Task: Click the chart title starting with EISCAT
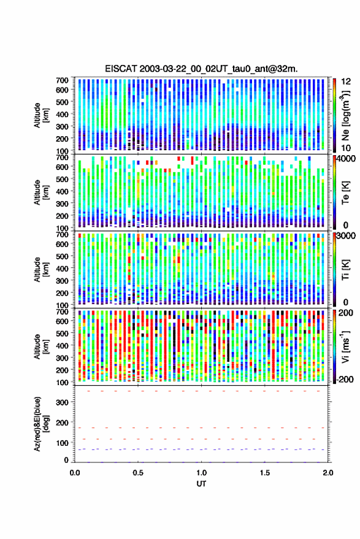point(202,69)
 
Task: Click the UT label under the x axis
point(202,484)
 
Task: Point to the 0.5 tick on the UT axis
point(138,473)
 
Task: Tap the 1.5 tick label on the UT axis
point(265,473)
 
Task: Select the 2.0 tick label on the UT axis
point(328,473)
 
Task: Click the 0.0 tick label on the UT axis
point(75,473)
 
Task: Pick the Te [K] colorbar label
point(346,192)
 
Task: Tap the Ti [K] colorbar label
point(346,269)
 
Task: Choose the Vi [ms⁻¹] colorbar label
point(346,346)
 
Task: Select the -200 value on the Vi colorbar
point(345,380)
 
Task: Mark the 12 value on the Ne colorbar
point(346,82)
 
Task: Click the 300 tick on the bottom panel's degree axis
point(62,402)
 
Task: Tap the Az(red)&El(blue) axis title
point(42,424)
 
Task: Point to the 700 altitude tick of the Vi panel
point(62,312)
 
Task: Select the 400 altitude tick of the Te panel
point(62,191)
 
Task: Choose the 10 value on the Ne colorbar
point(346,148)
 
